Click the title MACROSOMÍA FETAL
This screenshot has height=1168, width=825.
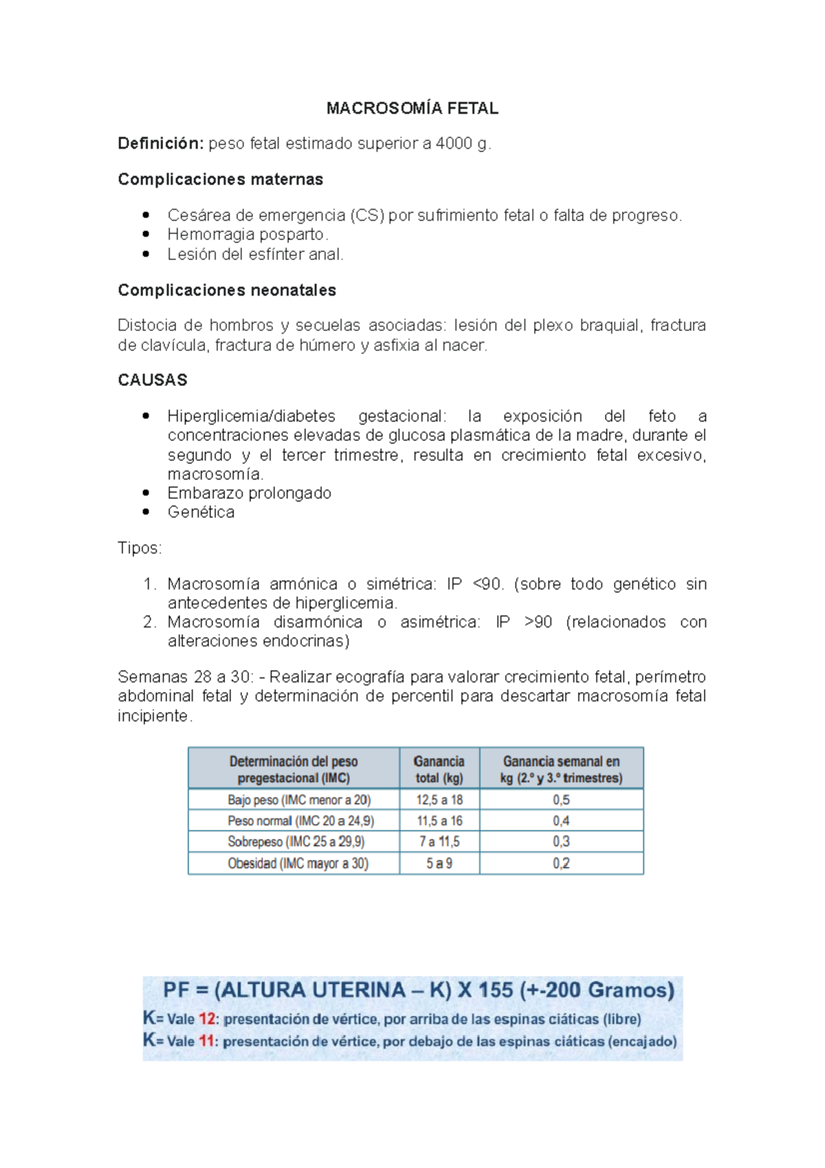coord(412,108)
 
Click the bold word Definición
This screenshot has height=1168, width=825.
coord(160,144)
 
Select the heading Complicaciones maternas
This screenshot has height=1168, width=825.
coord(220,180)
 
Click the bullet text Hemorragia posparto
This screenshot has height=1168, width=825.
coord(247,235)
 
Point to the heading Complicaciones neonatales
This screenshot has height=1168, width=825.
coord(227,290)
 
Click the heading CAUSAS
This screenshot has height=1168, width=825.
coord(153,380)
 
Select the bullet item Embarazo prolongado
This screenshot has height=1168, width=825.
coord(249,493)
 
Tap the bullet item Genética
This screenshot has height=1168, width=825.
coord(201,512)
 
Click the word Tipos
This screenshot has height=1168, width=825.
coord(139,548)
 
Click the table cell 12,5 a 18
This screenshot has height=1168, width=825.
coord(439,800)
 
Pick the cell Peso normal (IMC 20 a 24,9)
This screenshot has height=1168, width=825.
coord(300,821)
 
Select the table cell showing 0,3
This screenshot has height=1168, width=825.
coord(561,842)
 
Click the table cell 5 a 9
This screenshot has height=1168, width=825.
coord(439,864)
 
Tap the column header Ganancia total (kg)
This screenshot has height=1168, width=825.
coord(439,770)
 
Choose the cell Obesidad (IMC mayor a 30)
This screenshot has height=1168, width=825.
coord(298,864)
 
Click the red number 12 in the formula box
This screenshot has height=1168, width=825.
coord(208,1019)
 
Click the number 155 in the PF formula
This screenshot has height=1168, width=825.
coord(495,991)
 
